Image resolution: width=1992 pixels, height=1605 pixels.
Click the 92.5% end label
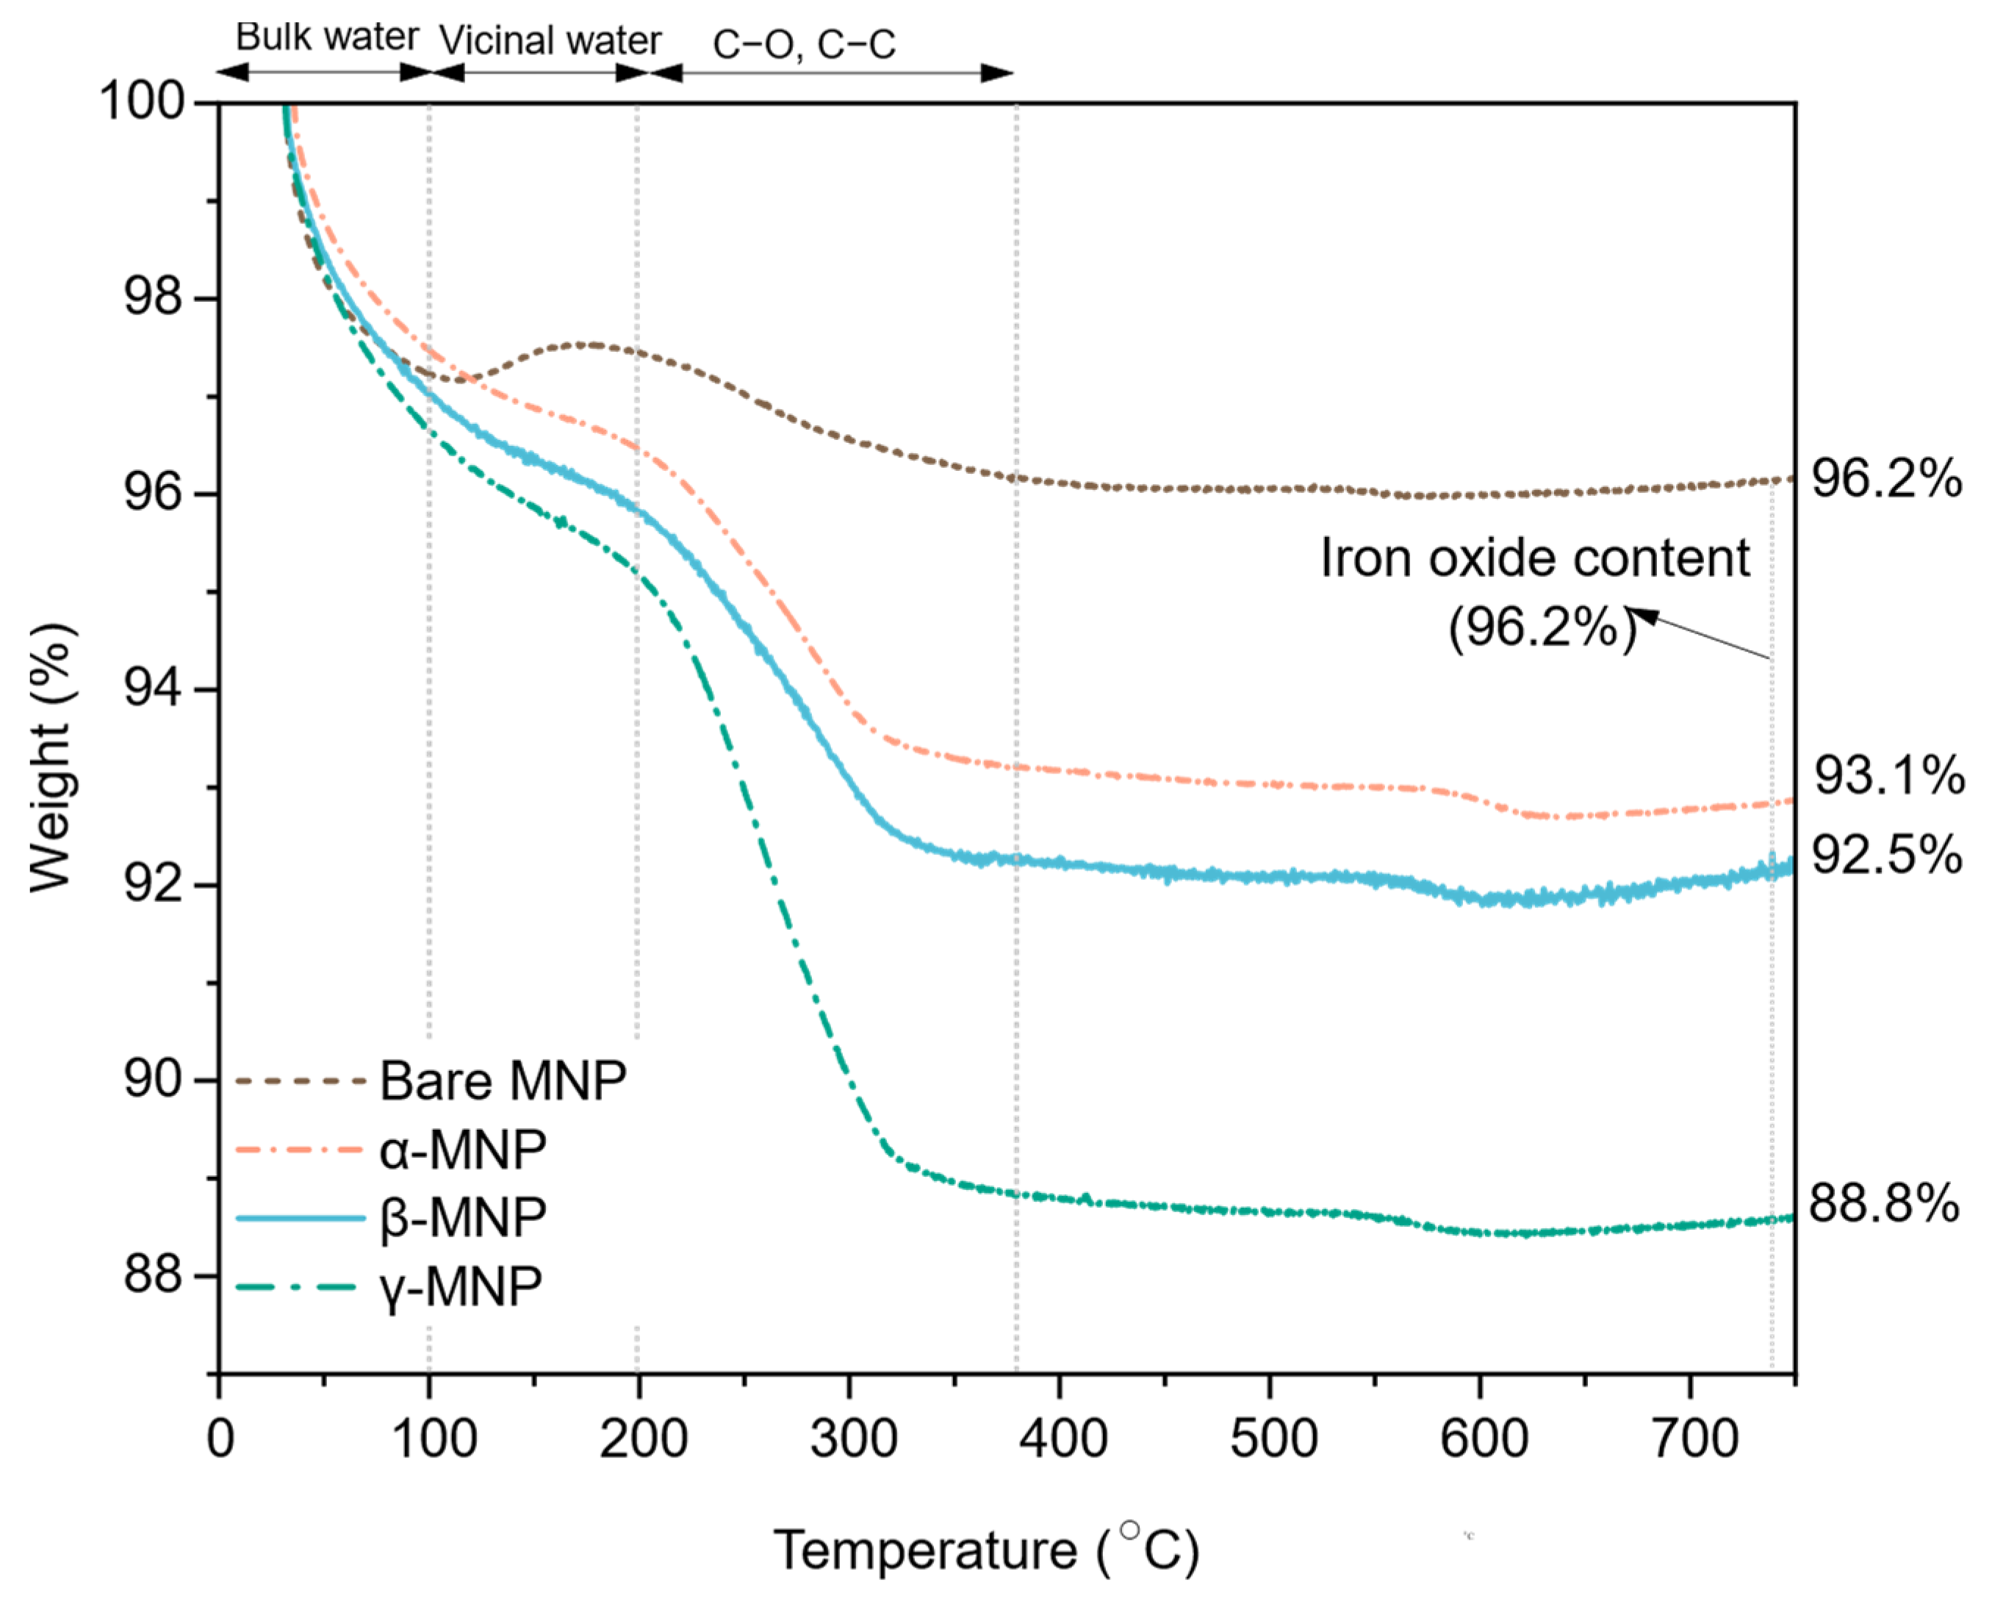[1885, 854]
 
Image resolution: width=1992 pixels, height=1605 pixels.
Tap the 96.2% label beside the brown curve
[1885, 479]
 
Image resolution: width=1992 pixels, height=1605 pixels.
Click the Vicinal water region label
[550, 40]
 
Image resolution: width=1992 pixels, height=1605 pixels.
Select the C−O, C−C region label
[804, 43]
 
